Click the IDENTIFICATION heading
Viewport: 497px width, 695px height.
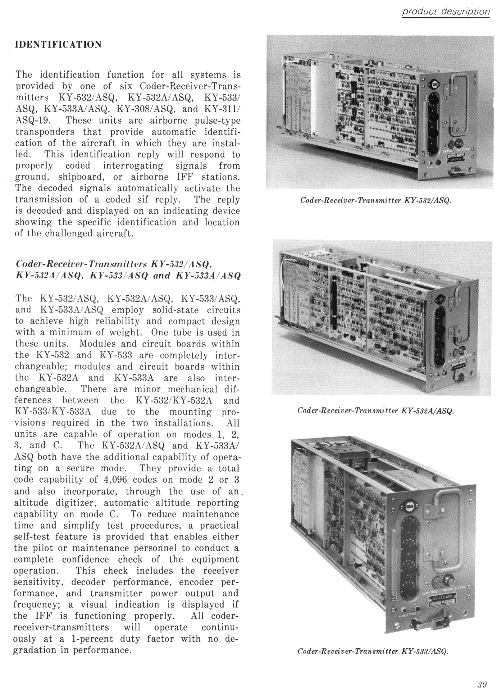(58, 44)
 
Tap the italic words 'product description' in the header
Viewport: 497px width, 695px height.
(446, 12)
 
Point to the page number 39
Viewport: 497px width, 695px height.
(482, 684)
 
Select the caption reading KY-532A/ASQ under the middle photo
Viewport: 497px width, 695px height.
(375, 411)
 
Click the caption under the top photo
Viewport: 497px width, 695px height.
(375, 201)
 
